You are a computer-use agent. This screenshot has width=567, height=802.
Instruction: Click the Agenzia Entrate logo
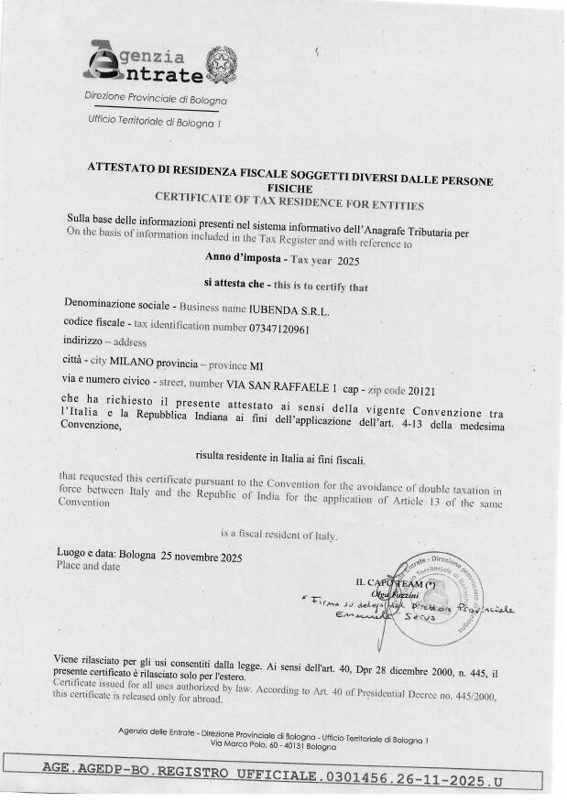coord(144,61)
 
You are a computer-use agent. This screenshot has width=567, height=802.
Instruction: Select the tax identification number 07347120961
coord(279,328)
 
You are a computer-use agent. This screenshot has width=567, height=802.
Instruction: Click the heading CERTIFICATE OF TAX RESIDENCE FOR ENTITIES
coord(289,199)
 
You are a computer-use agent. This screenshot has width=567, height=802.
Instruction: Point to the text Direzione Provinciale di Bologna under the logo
coord(155,98)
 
